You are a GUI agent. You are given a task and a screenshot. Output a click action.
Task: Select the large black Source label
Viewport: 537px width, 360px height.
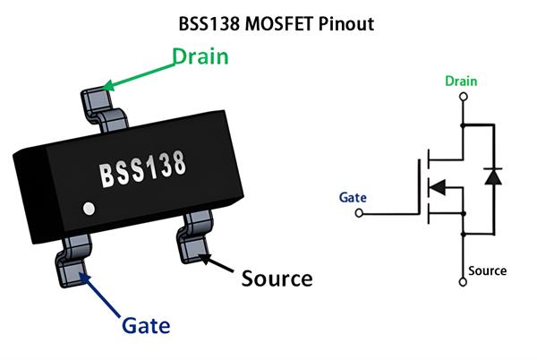[x=277, y=278]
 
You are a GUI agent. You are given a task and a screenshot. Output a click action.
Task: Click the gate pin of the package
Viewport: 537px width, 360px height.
[x=72, y=259]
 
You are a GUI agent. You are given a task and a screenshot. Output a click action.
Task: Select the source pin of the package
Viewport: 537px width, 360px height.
[x=194, y=236]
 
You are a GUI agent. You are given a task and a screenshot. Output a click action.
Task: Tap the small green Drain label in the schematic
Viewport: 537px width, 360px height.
[x=462, y=81]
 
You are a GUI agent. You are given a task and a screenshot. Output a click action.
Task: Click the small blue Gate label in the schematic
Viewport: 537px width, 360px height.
[x=354, y=196]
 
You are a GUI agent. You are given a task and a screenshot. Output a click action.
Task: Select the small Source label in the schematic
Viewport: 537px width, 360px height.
[x=487, y=270]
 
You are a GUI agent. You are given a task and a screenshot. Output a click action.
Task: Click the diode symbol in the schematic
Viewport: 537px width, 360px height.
[x=490, y=176]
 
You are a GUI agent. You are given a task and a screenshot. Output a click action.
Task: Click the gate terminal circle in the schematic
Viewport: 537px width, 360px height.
[x=360, y=213]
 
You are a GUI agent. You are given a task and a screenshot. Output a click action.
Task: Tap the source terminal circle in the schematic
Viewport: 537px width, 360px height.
[x=463, y=283]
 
